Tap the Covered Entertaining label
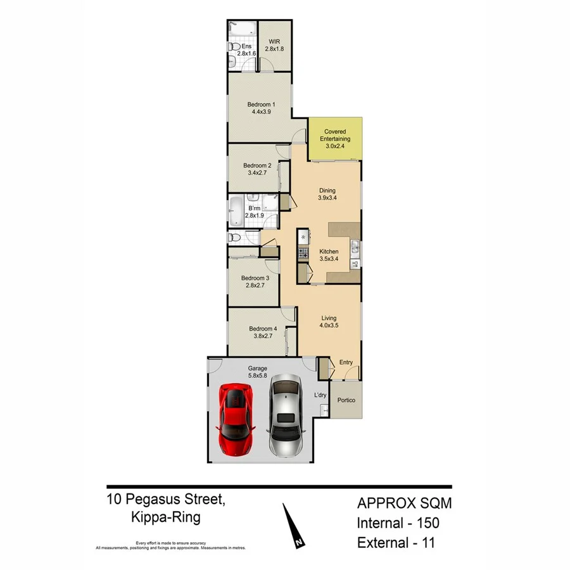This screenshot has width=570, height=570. (x=335, y=135)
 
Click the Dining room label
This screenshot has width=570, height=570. (x=327, y=191)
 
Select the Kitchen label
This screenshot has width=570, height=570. (x=329, y=251)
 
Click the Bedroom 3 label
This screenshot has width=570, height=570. (x=255, y=278)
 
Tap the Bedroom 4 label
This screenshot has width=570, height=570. (x=263, y=329)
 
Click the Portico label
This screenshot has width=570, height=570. (x=346, y=400)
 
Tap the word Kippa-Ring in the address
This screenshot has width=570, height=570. (x=167, y=517)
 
